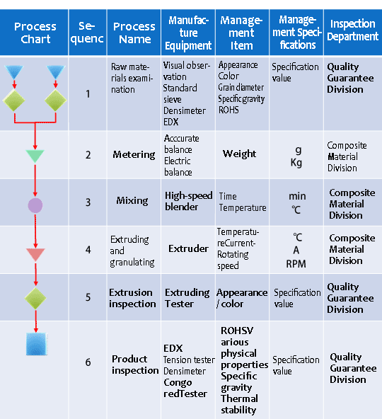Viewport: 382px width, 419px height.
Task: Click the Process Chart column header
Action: pos(35,33)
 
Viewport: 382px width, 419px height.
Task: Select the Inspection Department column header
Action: pos(352,30)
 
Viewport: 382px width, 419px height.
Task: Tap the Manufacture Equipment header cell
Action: pos(188,33)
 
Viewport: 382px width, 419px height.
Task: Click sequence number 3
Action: pos(88,202)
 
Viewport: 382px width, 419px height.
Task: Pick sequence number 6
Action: pos(88,362)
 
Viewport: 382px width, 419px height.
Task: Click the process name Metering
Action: pos(134,154)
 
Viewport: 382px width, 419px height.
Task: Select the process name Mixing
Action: pos(132,200)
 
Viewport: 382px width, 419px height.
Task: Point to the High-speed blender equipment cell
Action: pos(189,201)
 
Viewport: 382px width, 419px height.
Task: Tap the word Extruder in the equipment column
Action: pos(188,248)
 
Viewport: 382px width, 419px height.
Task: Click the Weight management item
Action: pos(239,154)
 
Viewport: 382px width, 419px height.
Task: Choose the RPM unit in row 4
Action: pos(296,264)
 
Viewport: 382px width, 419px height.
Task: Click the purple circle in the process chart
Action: pos(35,205)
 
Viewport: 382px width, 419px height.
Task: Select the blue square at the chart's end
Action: pos(37,344)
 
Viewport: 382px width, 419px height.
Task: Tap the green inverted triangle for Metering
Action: pos(35,155)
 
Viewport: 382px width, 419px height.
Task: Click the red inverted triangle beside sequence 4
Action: pos(35,253)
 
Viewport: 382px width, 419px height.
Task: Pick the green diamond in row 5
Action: pos(35,298)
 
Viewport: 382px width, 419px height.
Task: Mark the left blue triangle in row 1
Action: pos(14,71)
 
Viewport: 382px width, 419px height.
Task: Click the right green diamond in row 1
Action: pos(56,101)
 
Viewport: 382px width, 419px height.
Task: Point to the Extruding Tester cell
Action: pos(187,298)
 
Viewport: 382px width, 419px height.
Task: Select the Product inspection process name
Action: pos(135,365)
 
